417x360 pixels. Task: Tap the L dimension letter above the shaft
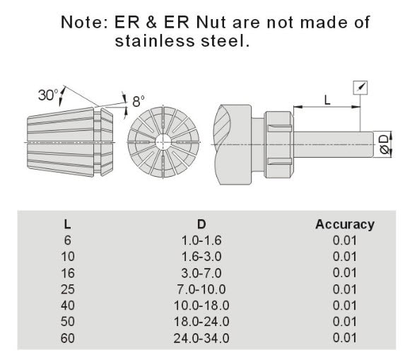327,100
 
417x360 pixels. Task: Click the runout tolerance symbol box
360,88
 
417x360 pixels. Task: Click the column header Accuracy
344,224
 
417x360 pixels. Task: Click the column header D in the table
201,224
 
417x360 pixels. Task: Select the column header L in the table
66,224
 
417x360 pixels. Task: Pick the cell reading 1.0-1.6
201,240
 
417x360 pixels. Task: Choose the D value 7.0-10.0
201,289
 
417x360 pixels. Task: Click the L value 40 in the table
66,305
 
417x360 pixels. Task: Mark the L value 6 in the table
66,240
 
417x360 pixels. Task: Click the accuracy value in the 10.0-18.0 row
344,305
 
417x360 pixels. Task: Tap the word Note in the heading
84,22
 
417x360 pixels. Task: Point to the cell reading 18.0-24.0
201,321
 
